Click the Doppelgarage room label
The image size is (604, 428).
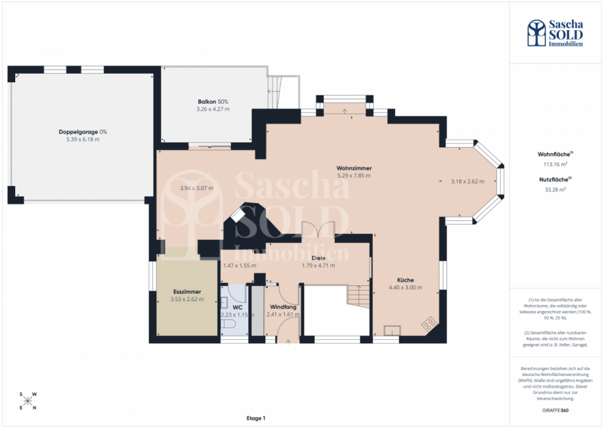click(82, 131)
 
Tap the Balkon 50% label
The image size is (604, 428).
click(213, 101)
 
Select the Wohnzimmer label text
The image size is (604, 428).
click(353, 168)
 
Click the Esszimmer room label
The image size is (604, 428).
click(186, 291)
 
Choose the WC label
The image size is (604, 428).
click(237, 306)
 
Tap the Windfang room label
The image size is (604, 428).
click(282, 306)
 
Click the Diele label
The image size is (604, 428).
click(318, 258)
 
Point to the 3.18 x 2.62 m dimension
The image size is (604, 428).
click(467, 181)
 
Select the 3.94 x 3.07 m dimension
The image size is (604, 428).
click(197, 188)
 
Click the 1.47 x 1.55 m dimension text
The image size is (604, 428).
click(240, 266)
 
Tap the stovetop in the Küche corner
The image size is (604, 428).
click(428, 323)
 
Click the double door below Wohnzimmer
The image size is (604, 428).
click(318, 232)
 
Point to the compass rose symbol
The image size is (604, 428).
click(28, 400)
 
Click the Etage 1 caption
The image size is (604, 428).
click(255, 418)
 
